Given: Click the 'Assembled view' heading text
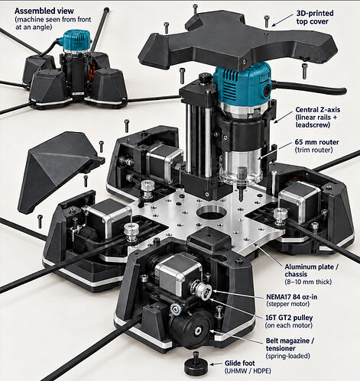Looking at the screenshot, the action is click(x=44, y=11).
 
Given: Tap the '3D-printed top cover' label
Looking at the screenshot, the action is click(x=315, y=18).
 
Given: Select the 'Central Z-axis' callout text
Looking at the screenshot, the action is click(x=318, y=110).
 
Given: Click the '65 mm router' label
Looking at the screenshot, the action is click(x=316, y=142).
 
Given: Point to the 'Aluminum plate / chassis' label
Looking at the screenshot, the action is click(x=311, y=270).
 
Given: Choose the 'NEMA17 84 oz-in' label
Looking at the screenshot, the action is click(x=292, y=297).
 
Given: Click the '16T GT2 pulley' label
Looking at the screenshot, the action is click(x=289, y=318).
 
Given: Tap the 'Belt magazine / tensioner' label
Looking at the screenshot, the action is click(x=290, y=344).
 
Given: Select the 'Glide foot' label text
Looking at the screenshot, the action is click(x=239, y=363).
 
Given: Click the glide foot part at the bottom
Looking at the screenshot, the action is click(x=196, y=364).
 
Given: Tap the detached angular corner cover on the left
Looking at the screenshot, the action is click(x=58, y=171).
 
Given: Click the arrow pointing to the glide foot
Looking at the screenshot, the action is click(x=216, y=364).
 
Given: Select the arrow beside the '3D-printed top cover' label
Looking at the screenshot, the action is click(x=282, y=20).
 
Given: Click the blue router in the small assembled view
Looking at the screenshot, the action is click(x=76, y=40).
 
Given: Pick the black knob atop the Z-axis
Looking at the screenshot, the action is click(x=206, y=77).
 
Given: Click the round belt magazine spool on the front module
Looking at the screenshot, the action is click(x=193, y=328).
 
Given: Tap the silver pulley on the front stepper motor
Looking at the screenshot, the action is click(x=203, y=290).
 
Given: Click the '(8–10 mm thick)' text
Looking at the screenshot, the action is click(x=308, y=282).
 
